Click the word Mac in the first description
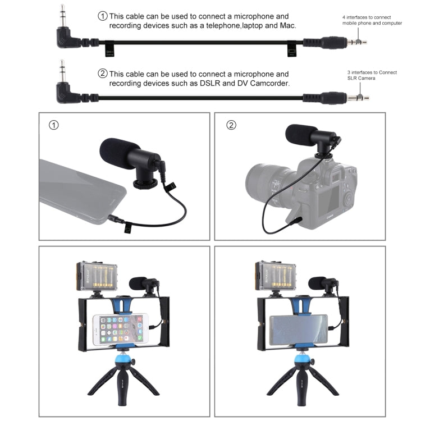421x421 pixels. (x=287, y=26)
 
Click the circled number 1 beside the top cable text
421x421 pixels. (x=102, y=16)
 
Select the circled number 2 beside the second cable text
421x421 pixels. (x=102, y=74)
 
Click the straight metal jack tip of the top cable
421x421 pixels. (x=358, y=42)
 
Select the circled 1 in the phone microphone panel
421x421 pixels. (x=53, y=125)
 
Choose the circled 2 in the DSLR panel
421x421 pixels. (x=231, y=125)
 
